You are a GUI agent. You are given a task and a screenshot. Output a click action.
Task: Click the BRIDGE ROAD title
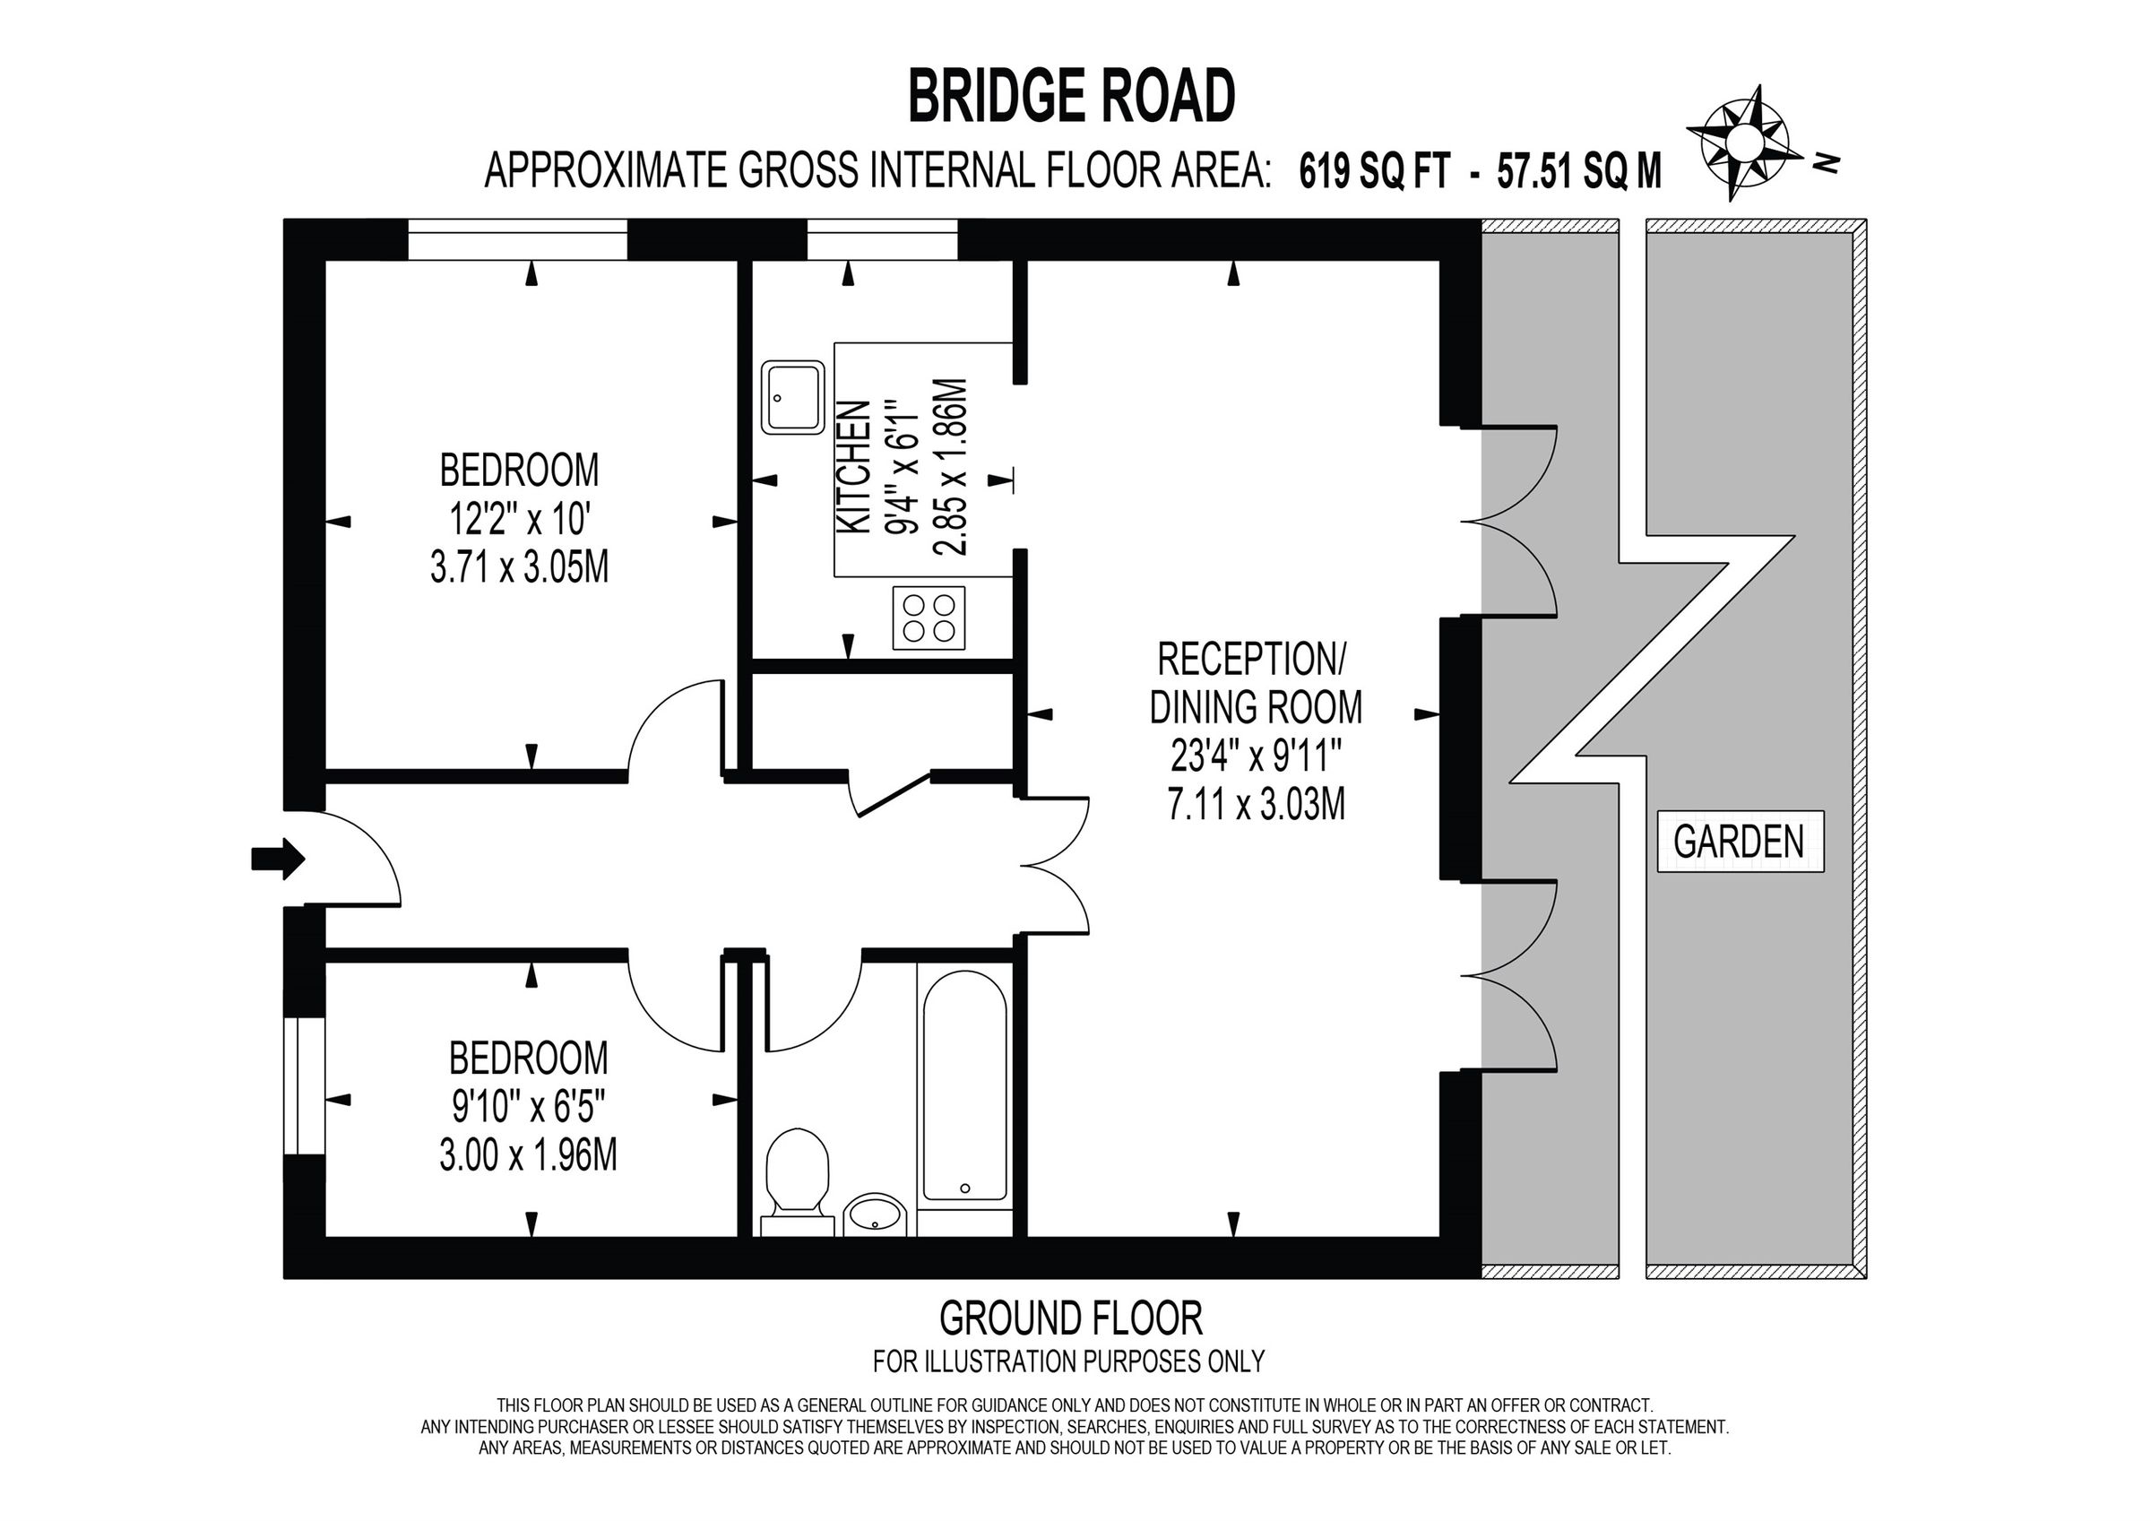coord(1072,98)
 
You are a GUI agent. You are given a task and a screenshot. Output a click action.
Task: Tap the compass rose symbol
coord(1744,155)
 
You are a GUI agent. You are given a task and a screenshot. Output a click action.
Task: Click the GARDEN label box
coord(1739,842)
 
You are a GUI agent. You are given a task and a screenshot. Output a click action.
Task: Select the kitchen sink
coord(792,397)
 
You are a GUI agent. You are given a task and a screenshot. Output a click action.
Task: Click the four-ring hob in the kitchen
coord(929,618)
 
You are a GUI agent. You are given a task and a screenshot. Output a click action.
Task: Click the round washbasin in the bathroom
coord(875,1217)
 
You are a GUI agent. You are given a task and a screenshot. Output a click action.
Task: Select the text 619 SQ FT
coord(1374,173)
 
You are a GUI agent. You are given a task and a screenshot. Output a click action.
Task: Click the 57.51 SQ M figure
coord(1579,173)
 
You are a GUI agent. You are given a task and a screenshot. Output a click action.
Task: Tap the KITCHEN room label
coord(853,469)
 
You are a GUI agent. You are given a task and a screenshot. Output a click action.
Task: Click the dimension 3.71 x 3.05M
coord(519,567)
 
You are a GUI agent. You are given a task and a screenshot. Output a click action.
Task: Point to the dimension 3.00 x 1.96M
coord(529,1154)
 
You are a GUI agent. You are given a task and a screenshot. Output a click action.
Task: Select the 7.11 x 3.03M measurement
coord(1257,803)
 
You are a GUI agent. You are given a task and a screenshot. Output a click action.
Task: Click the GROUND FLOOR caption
coord(1070,1318)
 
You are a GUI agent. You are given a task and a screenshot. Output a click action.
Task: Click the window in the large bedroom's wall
coord(517,239)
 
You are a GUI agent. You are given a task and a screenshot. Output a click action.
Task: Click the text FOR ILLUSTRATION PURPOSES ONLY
coord(1069,1361)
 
